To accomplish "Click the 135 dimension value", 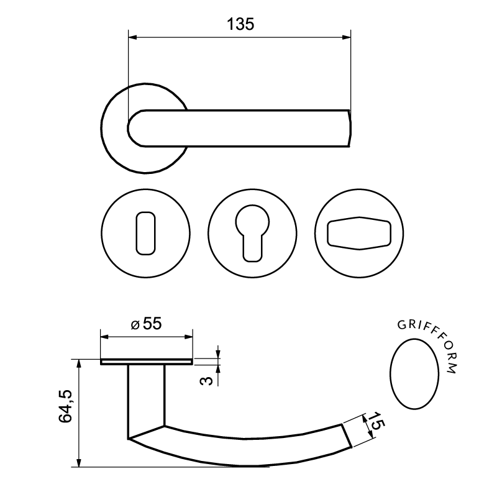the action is pyautogui.click(x=240, y=24).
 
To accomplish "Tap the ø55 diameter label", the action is pyautogui.click(x=147, y=324).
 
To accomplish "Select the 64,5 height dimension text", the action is pyautogui.click(x=66, y=406).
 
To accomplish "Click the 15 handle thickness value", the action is pyautogui.click(x=377, y=421).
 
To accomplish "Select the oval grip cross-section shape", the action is pyautogui.click(x=414, y=374).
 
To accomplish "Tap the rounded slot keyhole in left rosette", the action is pyautogui.click(x=146, y=234).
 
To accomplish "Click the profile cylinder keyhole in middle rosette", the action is pyautogui.click(x=253, y=234).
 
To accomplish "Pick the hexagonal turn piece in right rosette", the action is pyautogui.click(x=359, y=234).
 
